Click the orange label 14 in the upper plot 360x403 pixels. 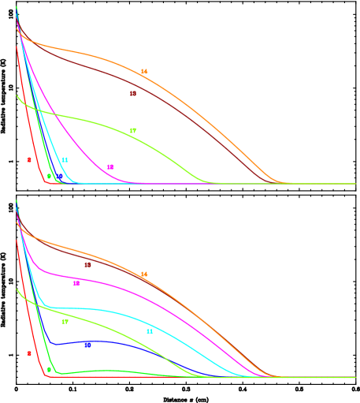click(x=144, y=72)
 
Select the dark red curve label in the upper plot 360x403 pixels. click(x=133, y=94)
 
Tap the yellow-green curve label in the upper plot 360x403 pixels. click(x=133, y=130)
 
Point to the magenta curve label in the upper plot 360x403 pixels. click(x=110, y=167)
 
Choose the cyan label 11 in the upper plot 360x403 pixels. click(x=65, y=160)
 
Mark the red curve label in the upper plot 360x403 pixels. click(x=29, y=160)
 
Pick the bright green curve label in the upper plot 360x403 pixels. click(x=49, y=177)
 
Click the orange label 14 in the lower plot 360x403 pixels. click(x=144, y=274)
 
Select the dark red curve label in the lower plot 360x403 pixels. click(x=87, y=265)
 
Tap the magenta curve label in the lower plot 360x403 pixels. click(x=76, y=283)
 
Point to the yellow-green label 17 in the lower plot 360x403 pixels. click(x=65, y=322)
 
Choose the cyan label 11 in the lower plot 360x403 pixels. click(x=149, y=331)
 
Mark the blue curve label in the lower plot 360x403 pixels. click(x=87, y=345)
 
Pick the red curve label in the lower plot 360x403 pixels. click(x=29, y=354)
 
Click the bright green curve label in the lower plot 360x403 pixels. click(x=49, y=370)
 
